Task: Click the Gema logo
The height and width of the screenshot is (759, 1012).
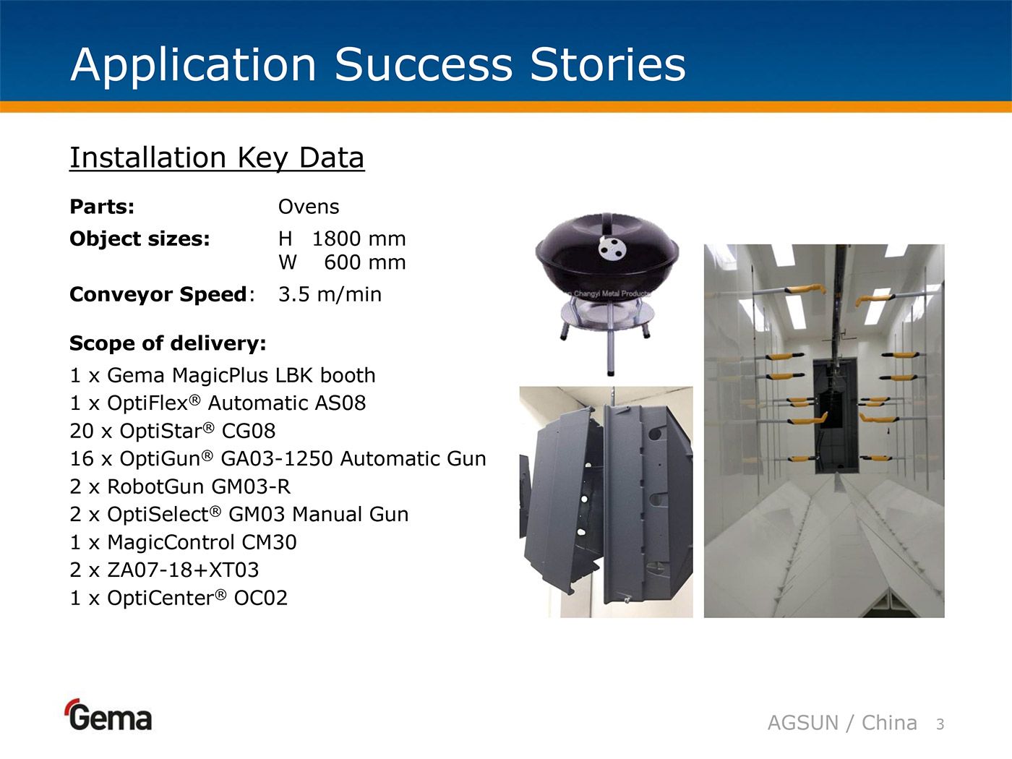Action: [108, 715]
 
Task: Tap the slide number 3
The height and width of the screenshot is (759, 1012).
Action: [940, 724]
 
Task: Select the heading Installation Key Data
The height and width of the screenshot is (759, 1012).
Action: [217, 158]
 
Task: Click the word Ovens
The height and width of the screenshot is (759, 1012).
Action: [309, 207]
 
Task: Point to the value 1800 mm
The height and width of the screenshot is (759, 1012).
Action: [359, 239]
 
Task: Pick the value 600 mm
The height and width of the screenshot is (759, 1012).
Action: [365, 262]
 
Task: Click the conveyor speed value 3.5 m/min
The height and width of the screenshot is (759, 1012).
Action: [330, 294]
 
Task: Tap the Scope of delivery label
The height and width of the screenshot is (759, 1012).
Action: [168, 343]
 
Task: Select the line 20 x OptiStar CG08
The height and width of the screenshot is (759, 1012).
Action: [173, 431]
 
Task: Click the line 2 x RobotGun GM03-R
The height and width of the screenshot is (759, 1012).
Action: [180, 486]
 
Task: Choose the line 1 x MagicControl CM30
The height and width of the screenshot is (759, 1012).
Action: [183, 542]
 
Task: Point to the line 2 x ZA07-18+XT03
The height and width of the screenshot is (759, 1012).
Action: [164, 570]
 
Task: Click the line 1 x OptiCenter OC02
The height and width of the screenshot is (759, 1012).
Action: [179, 598]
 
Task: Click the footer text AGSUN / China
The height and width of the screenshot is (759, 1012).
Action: [842, 723]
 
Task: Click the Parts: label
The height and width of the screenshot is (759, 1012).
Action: [102, 207]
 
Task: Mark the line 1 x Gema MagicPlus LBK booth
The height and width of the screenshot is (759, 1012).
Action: [223, 376]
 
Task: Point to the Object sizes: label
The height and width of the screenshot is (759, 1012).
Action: [140, 239]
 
